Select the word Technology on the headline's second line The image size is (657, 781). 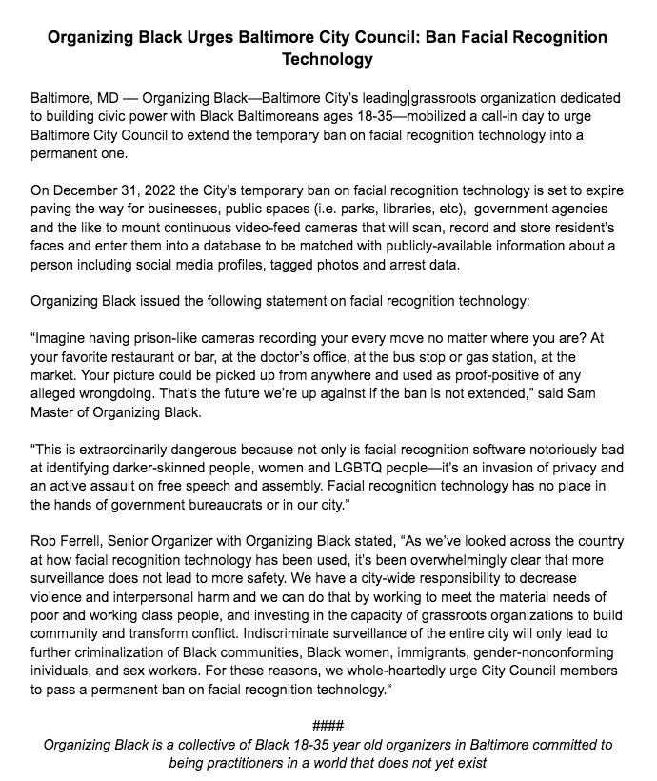pos(328,59)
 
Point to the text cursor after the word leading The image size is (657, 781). pos(409,98)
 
